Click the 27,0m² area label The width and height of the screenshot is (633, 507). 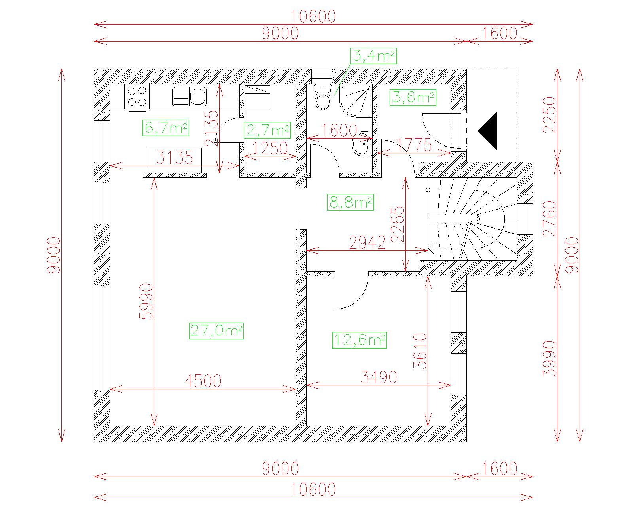point(216,331)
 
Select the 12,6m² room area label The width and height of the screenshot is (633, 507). point(359,340)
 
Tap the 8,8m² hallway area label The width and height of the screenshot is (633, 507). point(351,202)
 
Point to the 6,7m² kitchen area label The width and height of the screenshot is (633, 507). point(166,128)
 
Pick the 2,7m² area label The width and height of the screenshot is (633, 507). point(267,130)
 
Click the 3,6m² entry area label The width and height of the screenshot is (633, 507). point(413,97)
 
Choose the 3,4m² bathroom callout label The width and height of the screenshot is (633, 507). point(373,56)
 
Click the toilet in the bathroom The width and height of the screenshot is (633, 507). point(323,97)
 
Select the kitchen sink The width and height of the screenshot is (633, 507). point(190,96)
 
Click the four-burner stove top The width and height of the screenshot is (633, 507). point(137,97)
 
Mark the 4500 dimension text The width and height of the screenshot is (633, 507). point(203,381)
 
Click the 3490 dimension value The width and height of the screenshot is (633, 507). point(379,377)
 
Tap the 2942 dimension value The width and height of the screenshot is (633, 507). point(367,242)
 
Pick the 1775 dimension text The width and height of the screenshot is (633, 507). point(414,145)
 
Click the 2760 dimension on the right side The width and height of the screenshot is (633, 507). point(550,219)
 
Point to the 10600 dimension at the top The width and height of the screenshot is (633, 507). point(313,17)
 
